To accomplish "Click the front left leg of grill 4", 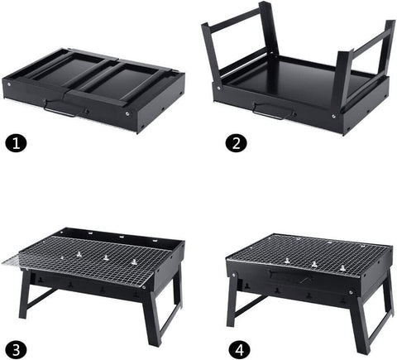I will coord(233,306).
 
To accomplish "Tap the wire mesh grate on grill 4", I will coord(306,252).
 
